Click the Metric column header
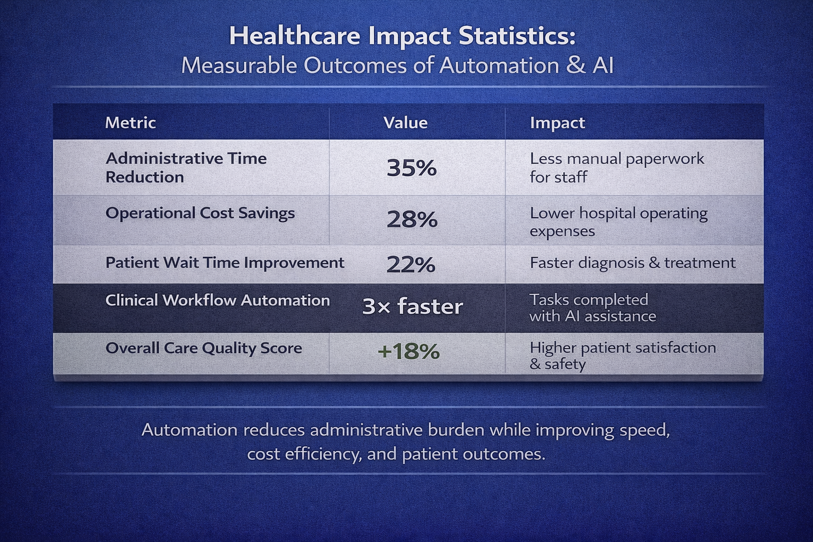click(130, 123)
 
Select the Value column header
click(405, 123)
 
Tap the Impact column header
click(557, 123)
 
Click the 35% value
click(412, 168)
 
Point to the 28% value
click(412, 219)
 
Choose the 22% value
click(411, 264)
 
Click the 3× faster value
click(412, 306)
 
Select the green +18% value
click(409, 351)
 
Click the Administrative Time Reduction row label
click(186, 167)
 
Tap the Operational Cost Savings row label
click(200, 213)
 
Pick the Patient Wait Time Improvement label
click(225, 263)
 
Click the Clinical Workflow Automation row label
click(218, 300)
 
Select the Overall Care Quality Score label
click(204, 348)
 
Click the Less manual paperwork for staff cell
click(617, 167)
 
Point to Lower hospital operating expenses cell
click(618, 222)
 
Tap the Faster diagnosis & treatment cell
click(633, 263)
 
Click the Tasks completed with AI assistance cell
click(592, 308)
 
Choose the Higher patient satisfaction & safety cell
click(622, 355)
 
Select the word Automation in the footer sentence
click(189, 429)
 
